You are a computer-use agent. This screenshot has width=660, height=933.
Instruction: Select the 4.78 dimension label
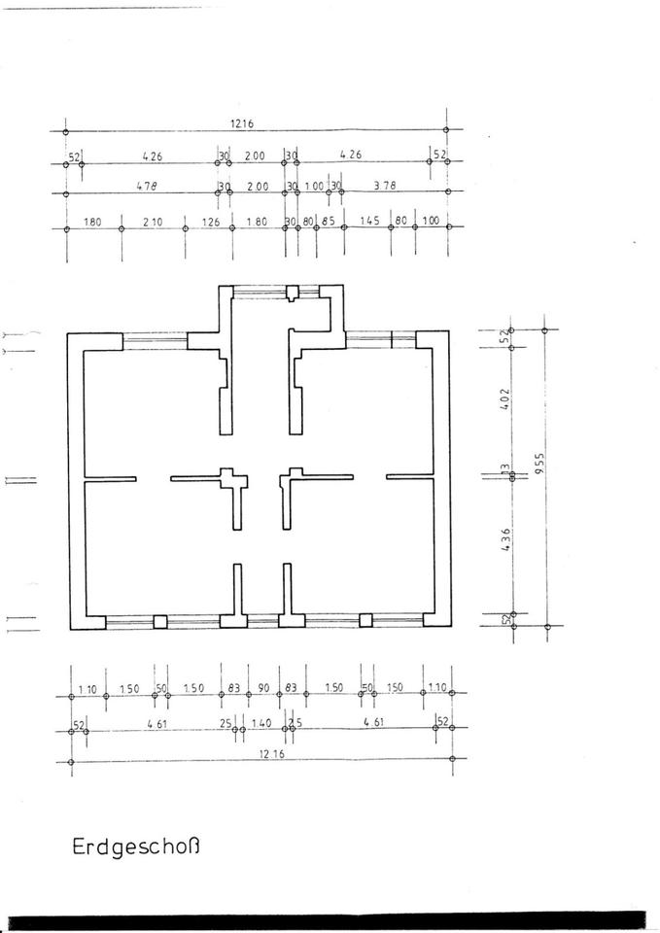pos(146,186)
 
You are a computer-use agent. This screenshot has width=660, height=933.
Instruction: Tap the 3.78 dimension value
pos(385,186)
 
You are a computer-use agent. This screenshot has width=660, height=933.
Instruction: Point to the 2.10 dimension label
pos(152,222)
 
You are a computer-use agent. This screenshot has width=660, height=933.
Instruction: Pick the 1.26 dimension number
pos(211,222)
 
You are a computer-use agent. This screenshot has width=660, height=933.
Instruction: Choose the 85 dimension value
pos(329,222)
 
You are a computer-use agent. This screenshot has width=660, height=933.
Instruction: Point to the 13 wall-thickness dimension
pos(504,470)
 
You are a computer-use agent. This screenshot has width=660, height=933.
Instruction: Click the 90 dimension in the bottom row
pos(262,688)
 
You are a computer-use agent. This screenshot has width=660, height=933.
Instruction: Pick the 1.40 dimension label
pos(261,723)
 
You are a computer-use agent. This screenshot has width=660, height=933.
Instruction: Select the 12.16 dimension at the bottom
pos(260,755)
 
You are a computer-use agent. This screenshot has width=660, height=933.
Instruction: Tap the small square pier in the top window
pos(292,294)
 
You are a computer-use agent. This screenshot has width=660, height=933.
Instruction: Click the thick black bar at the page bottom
pos(330,922)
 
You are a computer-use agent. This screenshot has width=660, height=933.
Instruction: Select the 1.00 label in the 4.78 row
pos(313,186)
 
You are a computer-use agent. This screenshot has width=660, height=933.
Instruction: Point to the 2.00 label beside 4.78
pos(258,186)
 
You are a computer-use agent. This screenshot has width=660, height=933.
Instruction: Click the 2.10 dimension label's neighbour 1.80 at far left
pos(92,222)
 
